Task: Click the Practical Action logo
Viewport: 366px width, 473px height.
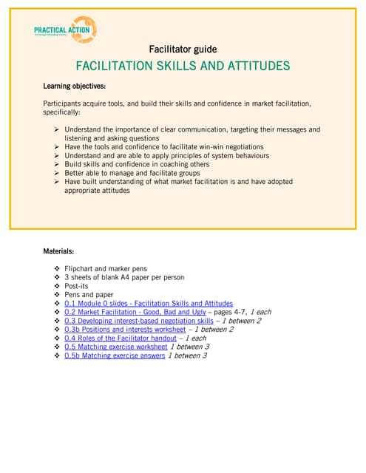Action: tap(65, 30)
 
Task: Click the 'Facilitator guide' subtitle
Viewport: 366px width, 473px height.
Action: tap(183, 50)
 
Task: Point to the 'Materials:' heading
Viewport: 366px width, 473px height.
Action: tap(58, 251)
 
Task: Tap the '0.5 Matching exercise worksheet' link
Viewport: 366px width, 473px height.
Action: tap(115, 347)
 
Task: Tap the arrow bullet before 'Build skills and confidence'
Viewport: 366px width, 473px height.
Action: tap(57, 164)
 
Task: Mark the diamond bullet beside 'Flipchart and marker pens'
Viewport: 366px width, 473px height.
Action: tap(57, 268)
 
